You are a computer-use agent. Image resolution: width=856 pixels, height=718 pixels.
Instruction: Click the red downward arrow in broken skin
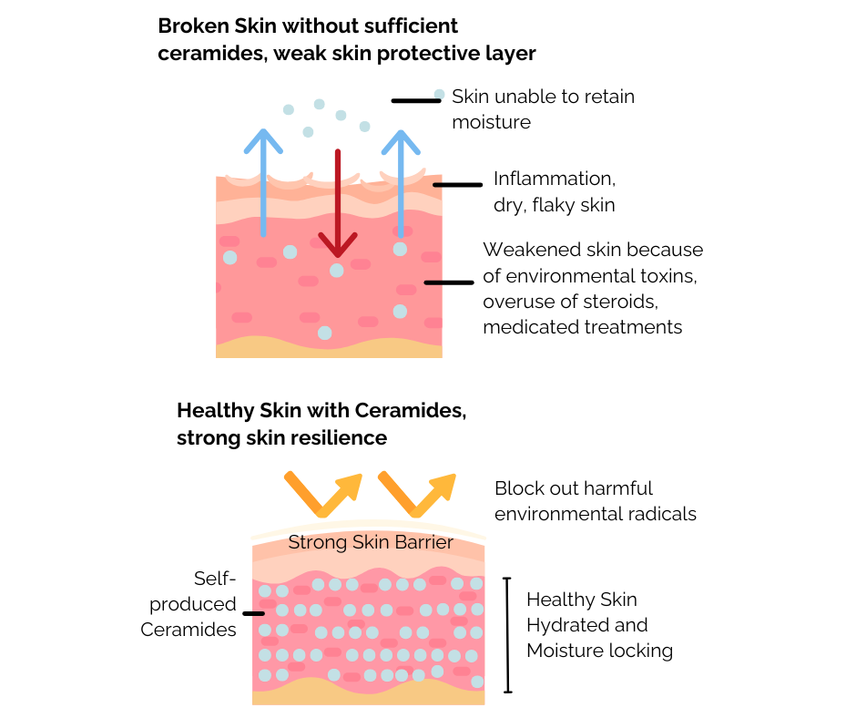[x=337, y=205]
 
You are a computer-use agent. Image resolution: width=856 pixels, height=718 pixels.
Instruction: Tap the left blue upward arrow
[x=263, y=182]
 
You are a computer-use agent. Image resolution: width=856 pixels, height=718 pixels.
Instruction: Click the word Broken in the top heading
[x=190, y=26]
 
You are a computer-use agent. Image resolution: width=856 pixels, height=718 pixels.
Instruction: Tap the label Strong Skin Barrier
[x=371, y=543]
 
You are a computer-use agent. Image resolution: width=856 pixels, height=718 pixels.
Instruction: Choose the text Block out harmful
[x=574, y=488]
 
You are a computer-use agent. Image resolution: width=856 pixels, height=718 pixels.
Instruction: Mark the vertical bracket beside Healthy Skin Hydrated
[x=508, y=634]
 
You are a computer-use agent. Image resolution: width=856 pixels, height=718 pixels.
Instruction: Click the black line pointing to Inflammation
[x=457, y=185]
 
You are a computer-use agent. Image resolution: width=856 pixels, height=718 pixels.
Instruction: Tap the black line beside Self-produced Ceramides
[x=253, y=613]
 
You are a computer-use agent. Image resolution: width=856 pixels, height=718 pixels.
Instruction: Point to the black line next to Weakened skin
[x=448, y=282]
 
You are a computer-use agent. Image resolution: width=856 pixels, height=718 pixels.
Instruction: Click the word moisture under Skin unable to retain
[x=491, y=121]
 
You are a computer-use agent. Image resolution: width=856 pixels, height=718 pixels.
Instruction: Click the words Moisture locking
[x=599, y=651]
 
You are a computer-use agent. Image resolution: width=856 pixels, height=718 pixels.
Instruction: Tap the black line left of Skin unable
[x=415, y=100]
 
